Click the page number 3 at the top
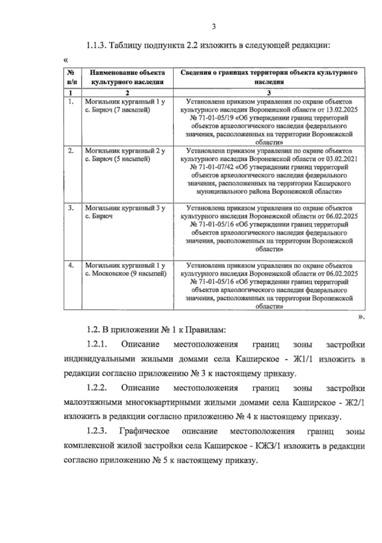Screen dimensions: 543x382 pos(214,27)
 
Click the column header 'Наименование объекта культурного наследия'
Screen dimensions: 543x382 pos(127,77)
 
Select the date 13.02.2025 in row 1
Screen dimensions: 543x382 pos(342,110)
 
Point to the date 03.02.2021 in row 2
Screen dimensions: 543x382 pos(342,159)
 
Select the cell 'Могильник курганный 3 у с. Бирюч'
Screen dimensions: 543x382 pos(125,212)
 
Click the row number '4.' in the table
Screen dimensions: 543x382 pos(71,265)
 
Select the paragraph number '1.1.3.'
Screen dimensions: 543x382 pos(95,45)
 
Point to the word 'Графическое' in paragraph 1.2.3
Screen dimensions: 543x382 pos(144,431)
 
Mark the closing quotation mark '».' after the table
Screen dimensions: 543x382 pos(361,317)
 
